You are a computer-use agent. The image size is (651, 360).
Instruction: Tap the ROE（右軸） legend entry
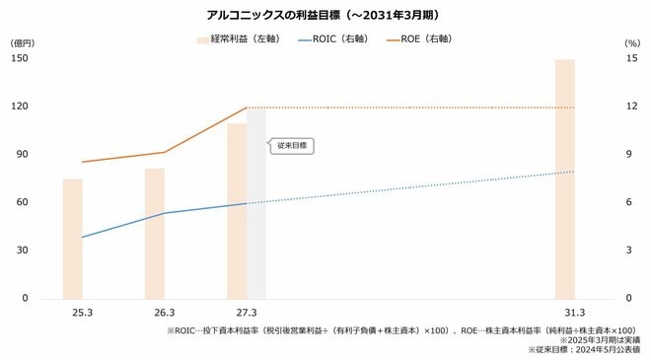(x=428, y=39)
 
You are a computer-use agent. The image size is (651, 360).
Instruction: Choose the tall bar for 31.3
(x=564, y=179)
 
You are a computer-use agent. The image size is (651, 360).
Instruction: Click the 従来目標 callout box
(x=292, y=145)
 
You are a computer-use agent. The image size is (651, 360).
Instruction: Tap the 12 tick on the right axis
(x=632, y=107)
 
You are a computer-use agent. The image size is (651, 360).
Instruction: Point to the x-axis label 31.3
(x=564, y=314)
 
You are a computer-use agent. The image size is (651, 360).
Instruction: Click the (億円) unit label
(x=22, y=44)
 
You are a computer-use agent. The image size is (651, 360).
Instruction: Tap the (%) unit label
(x=632, y=44)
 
